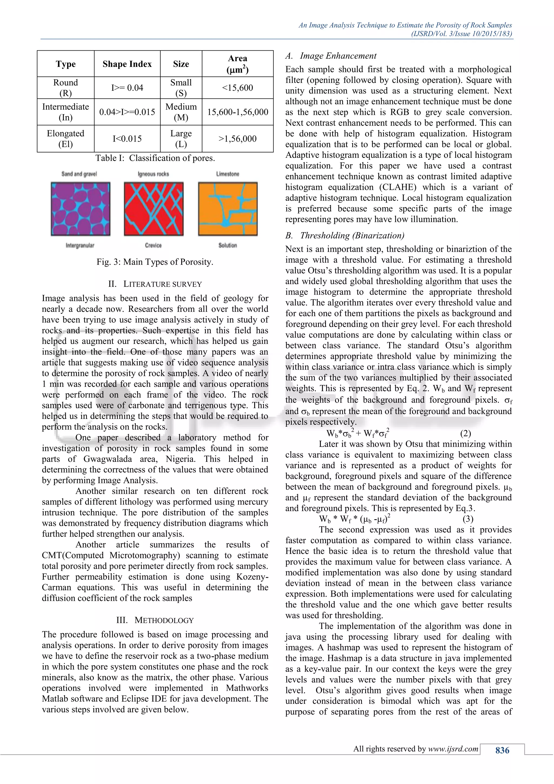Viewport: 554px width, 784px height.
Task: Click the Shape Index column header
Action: pos(127,64)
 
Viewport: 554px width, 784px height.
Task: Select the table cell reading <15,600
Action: pos(238,88)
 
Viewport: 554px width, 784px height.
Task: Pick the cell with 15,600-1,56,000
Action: pos(238,112)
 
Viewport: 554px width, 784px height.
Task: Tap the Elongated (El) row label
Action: pos(65,139)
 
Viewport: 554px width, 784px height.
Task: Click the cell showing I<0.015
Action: pos(127,139)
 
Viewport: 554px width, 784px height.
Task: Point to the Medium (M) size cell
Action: pos(181,112)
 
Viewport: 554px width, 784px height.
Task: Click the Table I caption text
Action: pos(155,158)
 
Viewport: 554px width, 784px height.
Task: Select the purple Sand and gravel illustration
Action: pos(81,209)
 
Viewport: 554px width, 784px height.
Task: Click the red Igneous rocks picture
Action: pos(153,209)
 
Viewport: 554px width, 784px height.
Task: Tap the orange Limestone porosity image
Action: pos(227,209)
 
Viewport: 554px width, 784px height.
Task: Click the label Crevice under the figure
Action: pos(153,245)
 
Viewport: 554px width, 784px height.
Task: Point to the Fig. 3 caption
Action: pos(155,262)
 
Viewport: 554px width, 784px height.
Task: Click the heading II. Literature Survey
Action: pos(155,284)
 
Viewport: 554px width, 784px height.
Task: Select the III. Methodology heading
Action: pos(155,620)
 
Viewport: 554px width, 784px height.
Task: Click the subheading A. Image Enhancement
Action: pos(331,56)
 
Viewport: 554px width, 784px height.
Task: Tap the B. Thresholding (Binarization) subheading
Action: pos(345,236)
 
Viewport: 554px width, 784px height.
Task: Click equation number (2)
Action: pos(465,433)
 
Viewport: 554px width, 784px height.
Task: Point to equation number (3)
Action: pos(468,519)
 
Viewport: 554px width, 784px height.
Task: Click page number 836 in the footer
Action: pos(502,750)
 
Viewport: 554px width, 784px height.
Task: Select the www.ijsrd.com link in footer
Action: pos(453,749)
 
